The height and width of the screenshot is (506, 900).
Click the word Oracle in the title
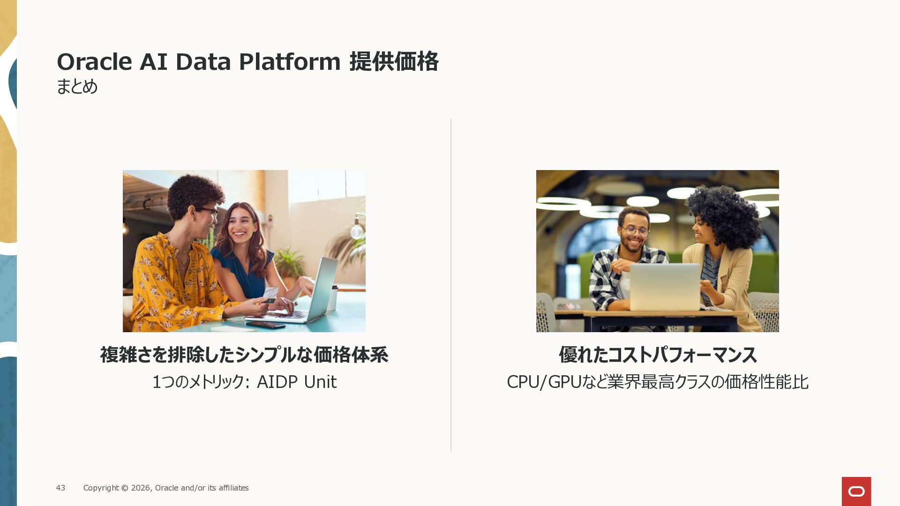[94, 62]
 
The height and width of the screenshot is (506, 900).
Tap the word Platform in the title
[290, 62]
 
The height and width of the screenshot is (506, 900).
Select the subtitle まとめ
[77, 86]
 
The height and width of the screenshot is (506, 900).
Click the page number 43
[60, 488]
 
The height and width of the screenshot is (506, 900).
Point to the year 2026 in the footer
[141, 488]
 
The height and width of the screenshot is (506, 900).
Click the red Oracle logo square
[856, 491]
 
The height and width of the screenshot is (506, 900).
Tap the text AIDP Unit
[297, 382]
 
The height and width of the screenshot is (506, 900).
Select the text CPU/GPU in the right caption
[544, 382]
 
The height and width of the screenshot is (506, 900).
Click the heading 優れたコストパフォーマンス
[658, 355]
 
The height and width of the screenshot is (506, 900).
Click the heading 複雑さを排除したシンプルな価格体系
[244, 355]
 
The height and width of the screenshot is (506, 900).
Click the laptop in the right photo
[664, 287]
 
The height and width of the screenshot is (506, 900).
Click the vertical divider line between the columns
[451, 284]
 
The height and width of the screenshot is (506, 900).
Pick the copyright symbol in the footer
[125, 488]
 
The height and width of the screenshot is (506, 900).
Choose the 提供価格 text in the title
[394, 61]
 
